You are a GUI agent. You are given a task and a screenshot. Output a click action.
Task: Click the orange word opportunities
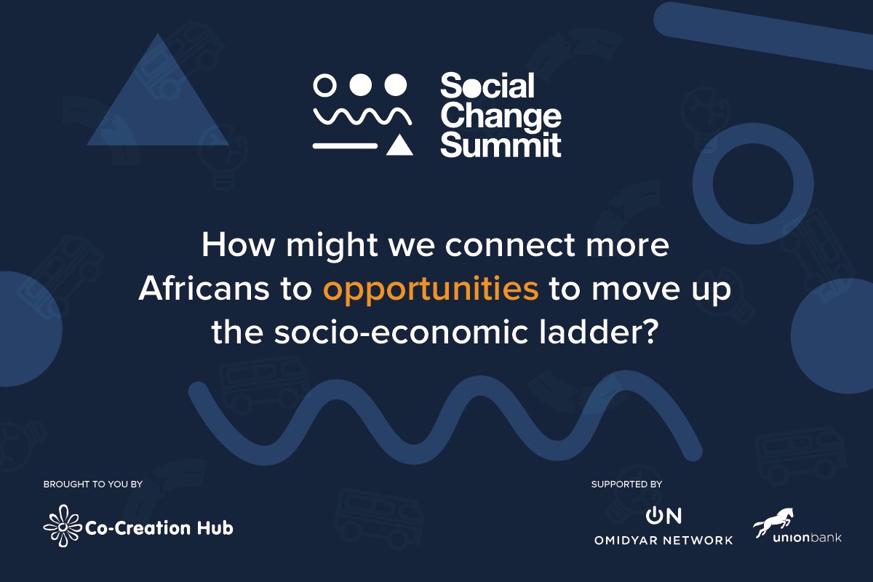click(x=431, y=289)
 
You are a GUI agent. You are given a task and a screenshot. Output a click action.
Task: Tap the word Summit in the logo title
click(x=501, y=145)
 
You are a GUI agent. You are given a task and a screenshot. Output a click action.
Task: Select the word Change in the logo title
click(x=501, y=116)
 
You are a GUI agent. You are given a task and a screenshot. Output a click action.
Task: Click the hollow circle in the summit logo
click(x=324, y=85)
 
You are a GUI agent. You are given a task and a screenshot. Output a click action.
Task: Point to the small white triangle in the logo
click(x=399, y=145)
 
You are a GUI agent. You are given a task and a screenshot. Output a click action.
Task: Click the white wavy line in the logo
click(x=362, y=115)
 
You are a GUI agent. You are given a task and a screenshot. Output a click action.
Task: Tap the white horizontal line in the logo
click(x=345, y=146)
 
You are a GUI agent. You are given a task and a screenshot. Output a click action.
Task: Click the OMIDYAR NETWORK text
click(x=663, y=541)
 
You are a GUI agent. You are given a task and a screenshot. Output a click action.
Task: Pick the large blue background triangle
click(x=156, y=98)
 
